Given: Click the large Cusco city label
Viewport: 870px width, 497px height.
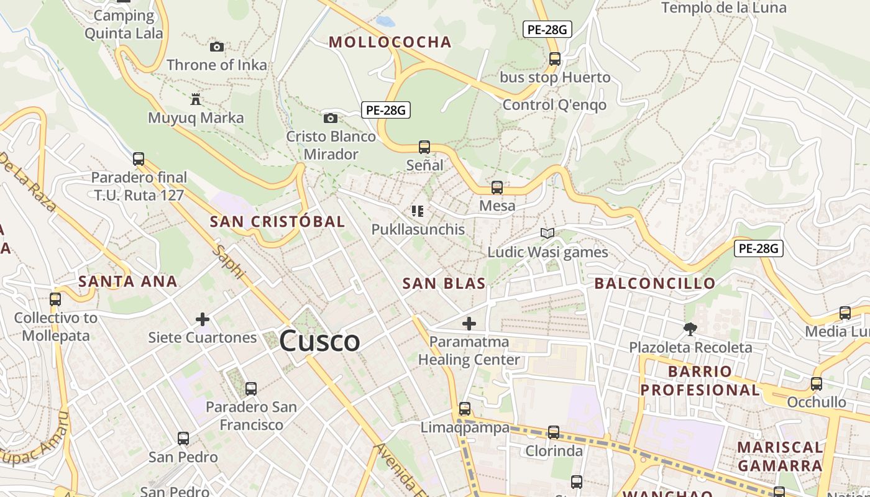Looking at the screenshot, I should pyautogui.click(x=319, y=341).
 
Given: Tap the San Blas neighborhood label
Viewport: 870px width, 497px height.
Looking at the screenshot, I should pyautogui.click(x=444, y=284).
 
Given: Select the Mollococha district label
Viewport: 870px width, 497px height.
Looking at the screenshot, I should pyautogui.click(x=390, y=42).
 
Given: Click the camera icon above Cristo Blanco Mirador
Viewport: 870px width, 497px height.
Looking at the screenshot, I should pyautogui.click(x=331, y=118).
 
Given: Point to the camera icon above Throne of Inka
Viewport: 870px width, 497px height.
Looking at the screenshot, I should pyautogui.click(x=216, y=47).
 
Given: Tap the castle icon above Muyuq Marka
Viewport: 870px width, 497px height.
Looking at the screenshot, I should pyautogui.click(x=196, y=99).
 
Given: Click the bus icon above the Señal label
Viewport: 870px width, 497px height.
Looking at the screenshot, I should pyautogui.click(x=424, y=147).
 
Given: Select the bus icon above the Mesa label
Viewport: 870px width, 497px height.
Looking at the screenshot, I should pyautogui.click(x=497, y=187).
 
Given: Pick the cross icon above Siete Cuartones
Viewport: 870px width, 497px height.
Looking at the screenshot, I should pyautogui.click(x=202, y=319).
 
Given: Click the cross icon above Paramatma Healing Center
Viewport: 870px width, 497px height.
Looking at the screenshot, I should pyautogui.click(x=469, y=323).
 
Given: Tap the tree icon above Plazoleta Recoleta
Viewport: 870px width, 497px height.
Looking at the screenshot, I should pyautogui.click(x=690, y=329).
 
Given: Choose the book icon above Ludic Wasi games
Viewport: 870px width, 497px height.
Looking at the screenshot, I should pyautogui.click(x=547, y=234).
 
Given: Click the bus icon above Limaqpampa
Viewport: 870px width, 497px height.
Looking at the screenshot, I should pyautogui.click(x=465, y=409).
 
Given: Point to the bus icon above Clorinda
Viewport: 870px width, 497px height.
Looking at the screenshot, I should pyautogui.click(x=553, y=432).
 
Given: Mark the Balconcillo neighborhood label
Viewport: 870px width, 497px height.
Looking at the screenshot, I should pyautogui.click(x=655, y=284).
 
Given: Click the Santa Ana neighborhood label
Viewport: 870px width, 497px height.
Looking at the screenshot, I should pyautogui.click(x=128, y=281).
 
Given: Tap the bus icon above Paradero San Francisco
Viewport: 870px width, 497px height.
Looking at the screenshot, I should pyautogui.click(x=251, y=389).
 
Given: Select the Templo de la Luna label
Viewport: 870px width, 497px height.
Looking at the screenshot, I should pyautogui.click(x=723, y=8).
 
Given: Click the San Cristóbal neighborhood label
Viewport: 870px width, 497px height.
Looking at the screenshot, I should pyautogui.click(x=277, y=222).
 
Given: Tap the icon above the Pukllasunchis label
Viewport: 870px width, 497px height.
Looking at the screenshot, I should pyautogui.click(x=418, y=211).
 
